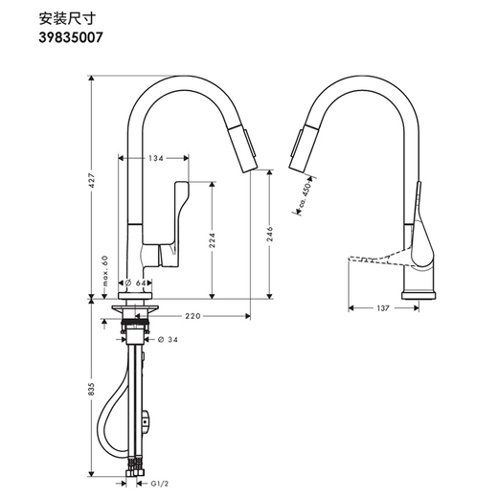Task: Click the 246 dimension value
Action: (270, 235)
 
